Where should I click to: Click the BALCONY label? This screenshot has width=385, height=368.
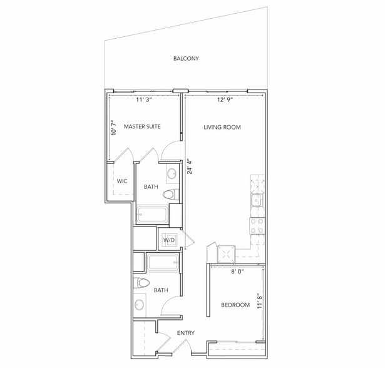point(186,58)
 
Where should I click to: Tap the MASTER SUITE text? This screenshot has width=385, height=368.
point(142,126)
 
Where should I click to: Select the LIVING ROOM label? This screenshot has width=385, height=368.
point(222,127)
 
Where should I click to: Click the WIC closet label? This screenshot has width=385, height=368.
point(122,181)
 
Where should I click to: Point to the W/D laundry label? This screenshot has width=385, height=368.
point(169,240)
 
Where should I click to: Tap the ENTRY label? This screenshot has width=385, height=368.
point(186,333)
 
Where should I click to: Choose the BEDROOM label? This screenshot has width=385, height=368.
point(235,305)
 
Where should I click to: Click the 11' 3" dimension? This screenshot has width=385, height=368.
point(144,100)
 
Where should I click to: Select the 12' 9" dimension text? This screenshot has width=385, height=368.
point(225,100)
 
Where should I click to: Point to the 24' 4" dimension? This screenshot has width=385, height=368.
point(190,167)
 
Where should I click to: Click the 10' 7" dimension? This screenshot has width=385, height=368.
point(113,128)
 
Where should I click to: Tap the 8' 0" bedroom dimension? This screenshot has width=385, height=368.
point(237,272)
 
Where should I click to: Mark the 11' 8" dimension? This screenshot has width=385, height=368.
point(260,301)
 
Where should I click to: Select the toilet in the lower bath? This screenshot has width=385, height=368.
point(141,283)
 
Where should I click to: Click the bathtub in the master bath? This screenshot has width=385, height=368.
point(153,215)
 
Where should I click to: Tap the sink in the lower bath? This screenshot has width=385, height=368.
point(139,305)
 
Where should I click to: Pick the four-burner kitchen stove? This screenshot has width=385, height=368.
point(257,226)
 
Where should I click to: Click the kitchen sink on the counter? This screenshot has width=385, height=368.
point(257,200)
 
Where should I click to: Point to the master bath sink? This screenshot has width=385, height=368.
point(172,174)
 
